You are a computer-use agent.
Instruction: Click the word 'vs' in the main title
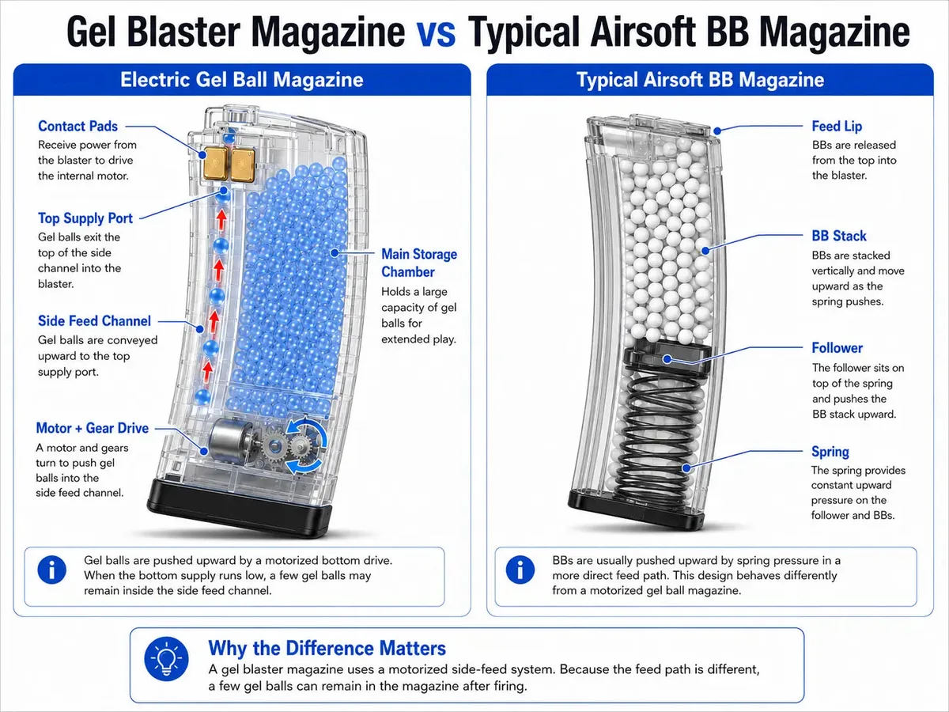(436, 33)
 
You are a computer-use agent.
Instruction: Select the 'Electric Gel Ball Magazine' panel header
(242, 80)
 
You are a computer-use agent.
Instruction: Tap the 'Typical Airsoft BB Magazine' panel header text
(701, 80)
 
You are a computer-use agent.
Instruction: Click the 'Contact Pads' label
(78, 127)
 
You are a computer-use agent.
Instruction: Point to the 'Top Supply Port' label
(85, 218)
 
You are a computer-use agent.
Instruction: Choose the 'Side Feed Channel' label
(94, 320)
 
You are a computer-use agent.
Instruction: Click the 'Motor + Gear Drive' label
(92, 428)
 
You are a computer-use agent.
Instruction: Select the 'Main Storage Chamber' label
(419, 263)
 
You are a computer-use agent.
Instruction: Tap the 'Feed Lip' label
(837, 127)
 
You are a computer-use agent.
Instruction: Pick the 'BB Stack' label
(839, 236)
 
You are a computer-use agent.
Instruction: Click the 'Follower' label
(837, 348)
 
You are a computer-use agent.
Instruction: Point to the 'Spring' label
(830, 451)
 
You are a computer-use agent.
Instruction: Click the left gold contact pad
(215, 163)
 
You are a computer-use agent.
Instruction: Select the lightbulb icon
(166, 659)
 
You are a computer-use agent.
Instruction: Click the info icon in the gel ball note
(52, 570)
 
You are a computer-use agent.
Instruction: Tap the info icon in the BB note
(520, 570)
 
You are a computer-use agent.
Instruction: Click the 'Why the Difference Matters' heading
(327, 648)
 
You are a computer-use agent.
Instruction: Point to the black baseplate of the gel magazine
(239, 506)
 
